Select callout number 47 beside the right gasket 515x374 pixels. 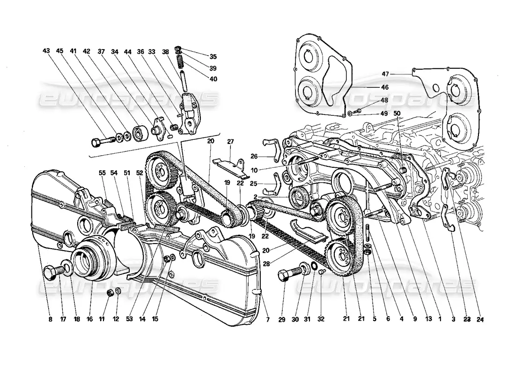coord(385,74)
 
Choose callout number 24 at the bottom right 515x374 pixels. coord(480,320)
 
